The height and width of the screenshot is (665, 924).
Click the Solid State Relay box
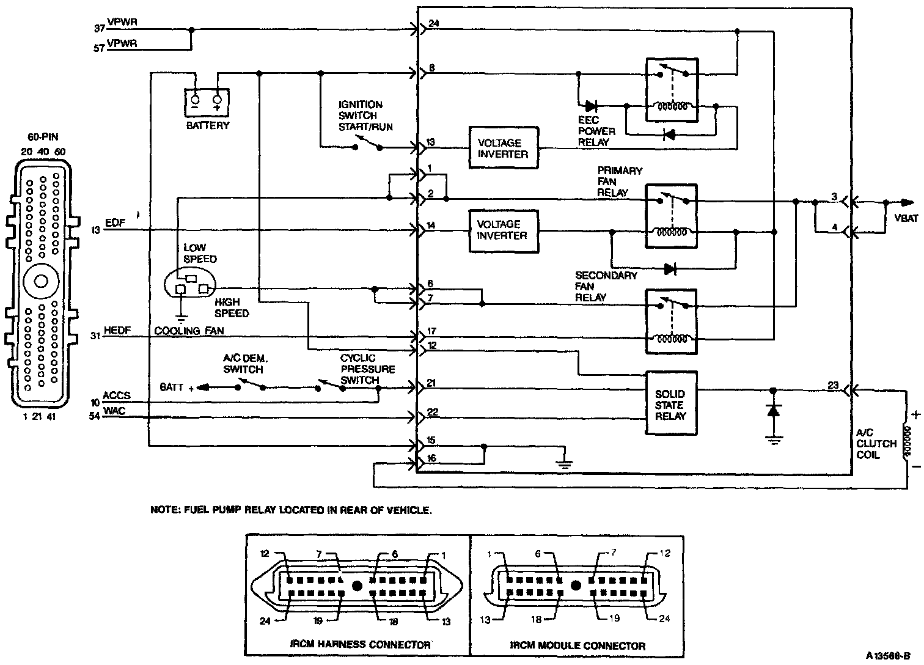(x=671, y=403)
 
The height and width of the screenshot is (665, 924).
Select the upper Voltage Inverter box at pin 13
(x=504, y=148)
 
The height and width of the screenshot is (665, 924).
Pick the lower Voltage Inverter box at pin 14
(x=504, y=231)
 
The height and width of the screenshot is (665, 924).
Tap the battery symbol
(x=207, y=101)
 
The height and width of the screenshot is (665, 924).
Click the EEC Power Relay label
(x=596, y=131)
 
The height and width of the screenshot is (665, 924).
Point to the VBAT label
(x=906, y=218)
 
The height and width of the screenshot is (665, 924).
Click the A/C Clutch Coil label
(x=876, y=444)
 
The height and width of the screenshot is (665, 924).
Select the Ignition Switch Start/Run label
(x=365, y=116)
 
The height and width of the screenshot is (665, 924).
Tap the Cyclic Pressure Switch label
(x=367, y=369)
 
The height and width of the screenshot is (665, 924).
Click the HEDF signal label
(x=117, y=330)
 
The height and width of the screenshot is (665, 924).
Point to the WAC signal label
(x=114, y=411)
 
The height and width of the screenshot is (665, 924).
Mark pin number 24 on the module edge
(x=433, y=23)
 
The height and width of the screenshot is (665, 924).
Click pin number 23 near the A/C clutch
(x=833, y=385)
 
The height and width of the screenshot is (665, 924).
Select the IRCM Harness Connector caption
(x=360, y=644)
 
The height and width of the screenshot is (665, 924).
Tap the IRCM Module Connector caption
(x=577, y=645)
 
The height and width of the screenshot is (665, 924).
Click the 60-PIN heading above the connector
(x=43, y=137)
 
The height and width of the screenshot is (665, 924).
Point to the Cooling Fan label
(x=189, y=331)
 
